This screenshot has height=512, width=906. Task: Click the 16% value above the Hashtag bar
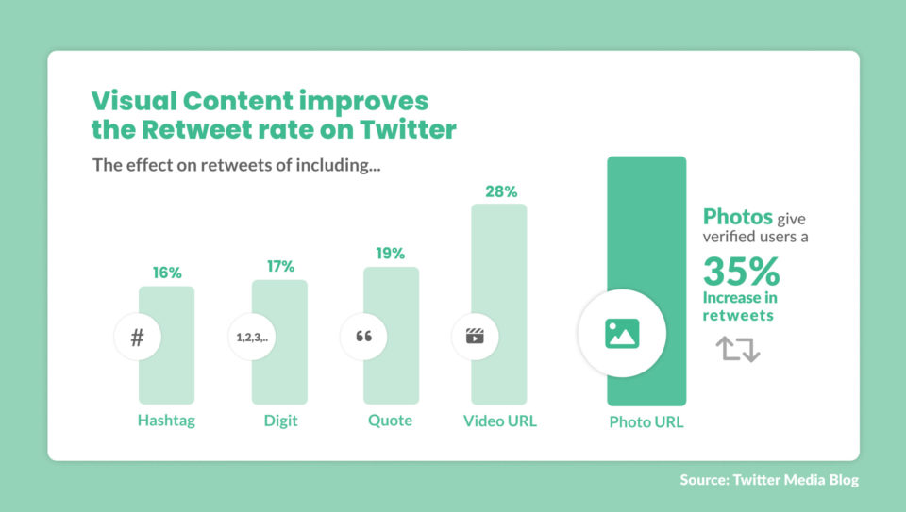[167, 273]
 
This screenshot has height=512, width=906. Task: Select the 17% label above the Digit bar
[280, 266]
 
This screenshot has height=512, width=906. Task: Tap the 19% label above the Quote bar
[390, 253]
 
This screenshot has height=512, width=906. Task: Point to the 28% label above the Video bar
[501, 191]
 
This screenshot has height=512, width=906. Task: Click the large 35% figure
[741, 273]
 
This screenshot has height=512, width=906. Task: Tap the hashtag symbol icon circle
[138, 337]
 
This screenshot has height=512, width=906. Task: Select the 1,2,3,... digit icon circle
[251, 337]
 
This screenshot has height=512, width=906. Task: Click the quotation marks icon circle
[362, 337]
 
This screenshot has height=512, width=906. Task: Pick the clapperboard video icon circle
[475, 337]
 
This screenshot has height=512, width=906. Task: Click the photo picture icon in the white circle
[622, 334]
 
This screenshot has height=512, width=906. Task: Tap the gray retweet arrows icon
[737, 349]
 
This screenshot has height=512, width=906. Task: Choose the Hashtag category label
[166, 421]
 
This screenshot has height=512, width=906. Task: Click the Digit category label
[280, 421]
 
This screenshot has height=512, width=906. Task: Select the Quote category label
[390, 421]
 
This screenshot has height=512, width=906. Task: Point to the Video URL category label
[499, 421]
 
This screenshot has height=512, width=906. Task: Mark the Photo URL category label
[646, 422]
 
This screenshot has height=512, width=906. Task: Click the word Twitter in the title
[410, 130]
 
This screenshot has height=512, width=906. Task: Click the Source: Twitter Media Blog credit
[769, 480]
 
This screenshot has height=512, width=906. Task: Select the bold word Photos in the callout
[738, 216]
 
